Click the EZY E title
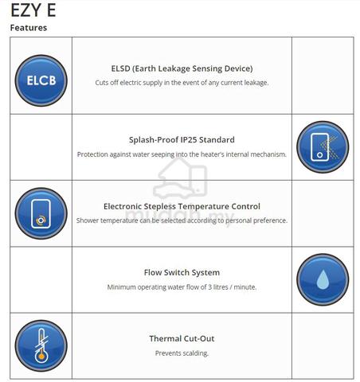coord(33,10)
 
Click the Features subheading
coord(29,28)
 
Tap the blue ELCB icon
coord(41,80)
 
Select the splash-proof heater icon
coord(323,147)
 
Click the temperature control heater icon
coord(41,213)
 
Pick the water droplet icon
coord(323,279)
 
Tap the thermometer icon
coord(41,346)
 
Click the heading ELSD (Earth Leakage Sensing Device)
coord(182,68)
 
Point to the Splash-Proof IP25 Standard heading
coord(182,140)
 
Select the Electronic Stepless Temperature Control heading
coord(182,206)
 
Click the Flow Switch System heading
coord(182,272)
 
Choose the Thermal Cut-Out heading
coord(182,338)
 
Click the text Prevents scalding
coord(182,353)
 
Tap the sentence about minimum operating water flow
coord(182,287)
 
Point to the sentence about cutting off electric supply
coord(182,83)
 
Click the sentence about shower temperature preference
coord(182,220)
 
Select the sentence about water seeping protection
coord(182,154)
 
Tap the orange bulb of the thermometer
coord(41,357)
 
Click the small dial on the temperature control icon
coord(41,220)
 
